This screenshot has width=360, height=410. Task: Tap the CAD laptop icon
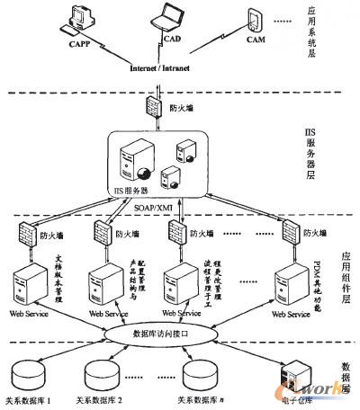click(168, 20)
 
